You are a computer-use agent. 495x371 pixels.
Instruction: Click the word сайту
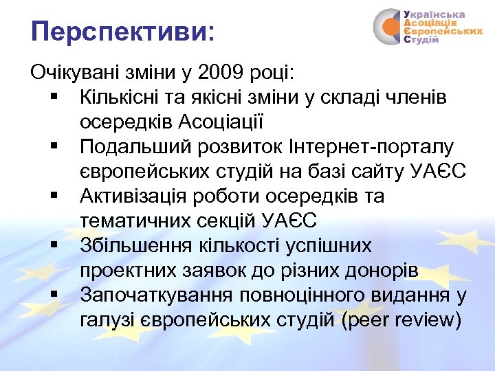[384, 172]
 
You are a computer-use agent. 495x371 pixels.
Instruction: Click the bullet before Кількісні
[54, 98]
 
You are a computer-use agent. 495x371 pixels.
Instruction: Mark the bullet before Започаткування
[54, 296]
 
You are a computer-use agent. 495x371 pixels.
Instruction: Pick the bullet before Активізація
[54, 197]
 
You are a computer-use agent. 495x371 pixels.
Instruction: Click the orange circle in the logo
[390, 27]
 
